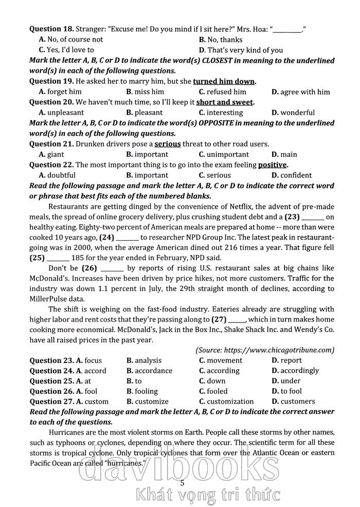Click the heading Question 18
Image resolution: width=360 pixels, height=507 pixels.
pos(51,29)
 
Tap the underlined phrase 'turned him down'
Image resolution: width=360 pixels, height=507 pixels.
pos(224,81)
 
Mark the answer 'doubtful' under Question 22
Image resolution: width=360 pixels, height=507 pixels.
pos(60,175)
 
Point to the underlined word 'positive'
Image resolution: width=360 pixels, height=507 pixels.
pos(272,165)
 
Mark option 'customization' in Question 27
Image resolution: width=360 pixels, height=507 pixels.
pos(226,401)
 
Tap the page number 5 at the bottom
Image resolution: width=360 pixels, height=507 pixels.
pos(182,482)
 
